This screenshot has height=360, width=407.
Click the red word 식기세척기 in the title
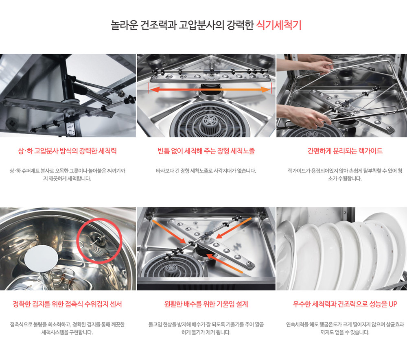[x=279, y=25]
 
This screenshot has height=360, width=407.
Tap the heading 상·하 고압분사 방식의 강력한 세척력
[x=67, y=151]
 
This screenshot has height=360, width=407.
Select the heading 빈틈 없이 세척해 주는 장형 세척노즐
[x=206, y=151]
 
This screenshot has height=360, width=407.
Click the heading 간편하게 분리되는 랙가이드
[x=345, y=151]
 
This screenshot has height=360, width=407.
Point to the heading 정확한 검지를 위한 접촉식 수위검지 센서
[x=67, y=304]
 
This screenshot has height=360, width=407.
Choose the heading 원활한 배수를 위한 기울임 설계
[x=206, y=304]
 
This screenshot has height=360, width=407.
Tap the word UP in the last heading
[x=393, y=304]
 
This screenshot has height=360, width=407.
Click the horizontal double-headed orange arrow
[x=210, y=90]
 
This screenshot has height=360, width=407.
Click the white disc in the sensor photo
[x=41, y=258]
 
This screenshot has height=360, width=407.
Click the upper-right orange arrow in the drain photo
[x=234, y=228]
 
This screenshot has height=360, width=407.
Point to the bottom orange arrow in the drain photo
[x=225, y=263]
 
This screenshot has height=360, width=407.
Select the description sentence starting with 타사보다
[x=206, y=171]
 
